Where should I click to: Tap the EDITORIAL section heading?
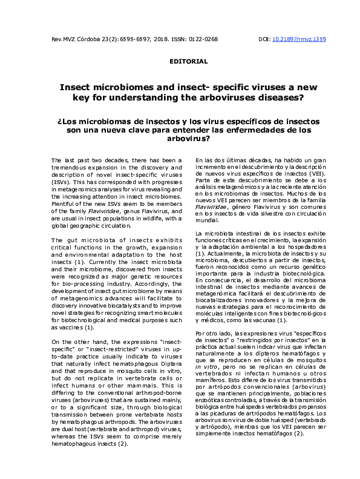click(x=188, y=61)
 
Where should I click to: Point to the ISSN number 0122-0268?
click(x=203, y=39)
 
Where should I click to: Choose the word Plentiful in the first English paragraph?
click(x=65, y=203)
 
